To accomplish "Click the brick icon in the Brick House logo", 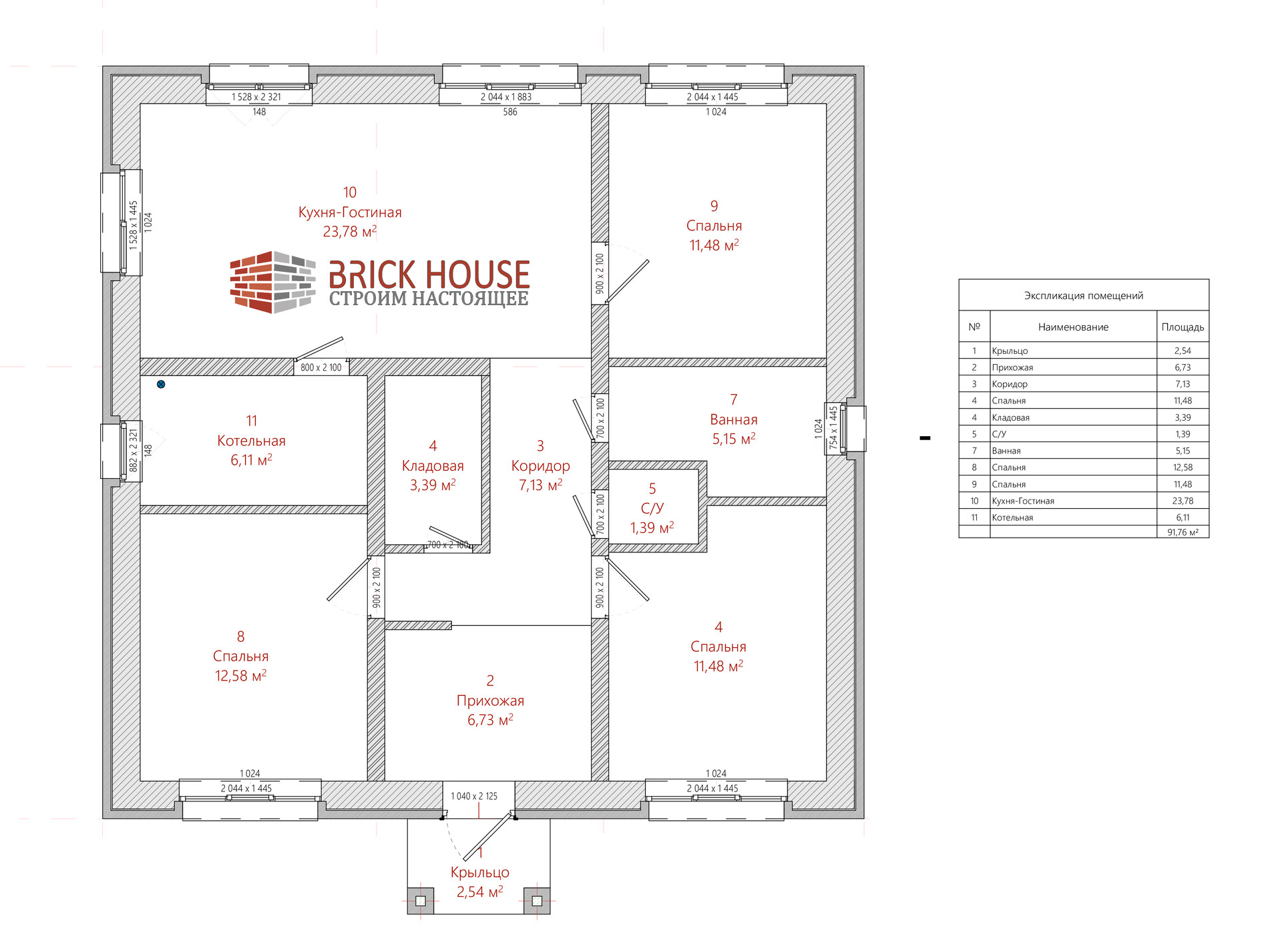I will (272, 282).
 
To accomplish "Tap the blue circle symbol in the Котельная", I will (161, 384).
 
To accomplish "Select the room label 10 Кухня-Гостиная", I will (350, 212).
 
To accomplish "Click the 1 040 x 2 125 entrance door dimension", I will (474, 796).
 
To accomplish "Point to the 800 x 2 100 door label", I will (320, 367).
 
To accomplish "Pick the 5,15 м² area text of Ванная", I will (734, 439).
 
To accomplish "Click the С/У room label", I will (652, 508).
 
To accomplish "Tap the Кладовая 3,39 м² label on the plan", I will (433, 465).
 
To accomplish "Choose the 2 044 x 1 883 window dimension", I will (506, 97).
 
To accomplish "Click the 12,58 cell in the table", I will (1183, 467).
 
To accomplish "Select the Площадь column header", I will (1183, 327).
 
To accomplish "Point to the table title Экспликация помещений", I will (1084, 296).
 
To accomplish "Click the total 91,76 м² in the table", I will (1183, 532).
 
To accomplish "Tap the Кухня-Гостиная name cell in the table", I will (1023, 501).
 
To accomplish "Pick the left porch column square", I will (421, 901).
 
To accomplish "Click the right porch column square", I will (537, 901).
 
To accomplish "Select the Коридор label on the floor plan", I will (540, 465).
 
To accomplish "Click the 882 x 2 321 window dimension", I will (134, 451).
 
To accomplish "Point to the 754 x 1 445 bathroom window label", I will (833, 427).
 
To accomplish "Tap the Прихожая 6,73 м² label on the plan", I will (490, 701).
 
